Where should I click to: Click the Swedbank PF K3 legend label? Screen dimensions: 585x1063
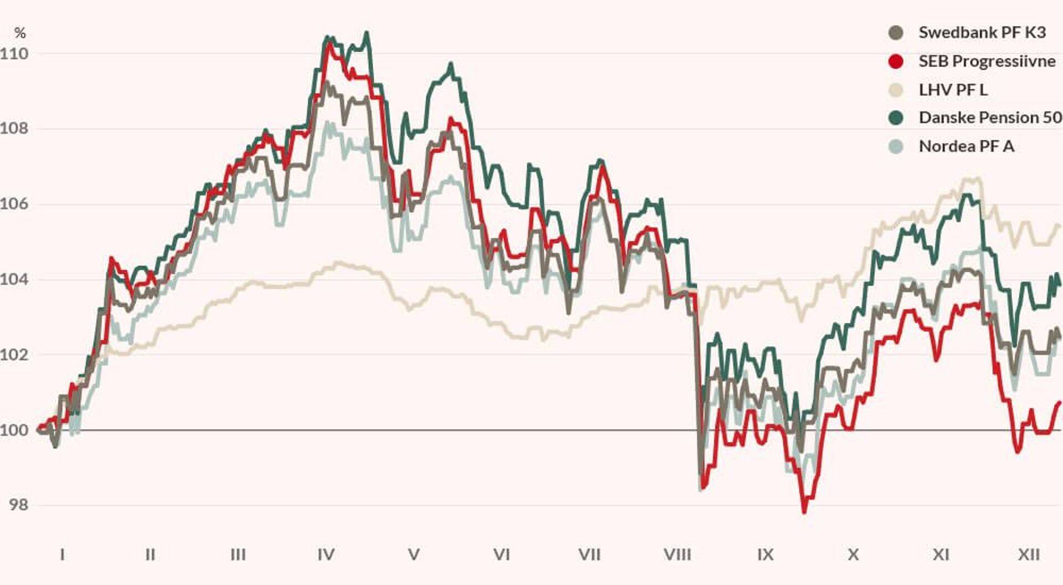point(982,33)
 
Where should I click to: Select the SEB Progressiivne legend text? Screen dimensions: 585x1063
point(987,61)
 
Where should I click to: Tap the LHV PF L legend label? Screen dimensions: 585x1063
point(952,90)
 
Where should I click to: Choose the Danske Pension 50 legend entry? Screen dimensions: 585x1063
point(990,117)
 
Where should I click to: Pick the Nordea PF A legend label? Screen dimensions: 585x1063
point(966,146)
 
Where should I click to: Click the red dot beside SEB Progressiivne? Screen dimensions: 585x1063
point(895,61)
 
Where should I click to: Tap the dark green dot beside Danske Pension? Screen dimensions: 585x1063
point(895,117)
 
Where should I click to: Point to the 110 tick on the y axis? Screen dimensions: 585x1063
point(14,54)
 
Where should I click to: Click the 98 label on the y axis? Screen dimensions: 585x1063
point(18,505)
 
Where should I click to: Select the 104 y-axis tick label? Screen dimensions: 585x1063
point(14,279)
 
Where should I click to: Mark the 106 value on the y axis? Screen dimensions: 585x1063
point(14,204)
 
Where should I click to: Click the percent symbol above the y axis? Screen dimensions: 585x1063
point(20,33)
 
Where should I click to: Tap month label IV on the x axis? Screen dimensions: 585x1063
point(326,555)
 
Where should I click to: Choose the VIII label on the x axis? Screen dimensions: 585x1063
point(677,555)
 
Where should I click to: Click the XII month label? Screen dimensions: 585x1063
point(1029,555)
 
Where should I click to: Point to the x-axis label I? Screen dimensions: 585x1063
point(62,555)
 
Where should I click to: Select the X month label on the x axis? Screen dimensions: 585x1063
point(853,555)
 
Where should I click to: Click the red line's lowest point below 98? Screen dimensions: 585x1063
point(804,511)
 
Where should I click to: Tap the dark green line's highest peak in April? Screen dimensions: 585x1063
point(366,33)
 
